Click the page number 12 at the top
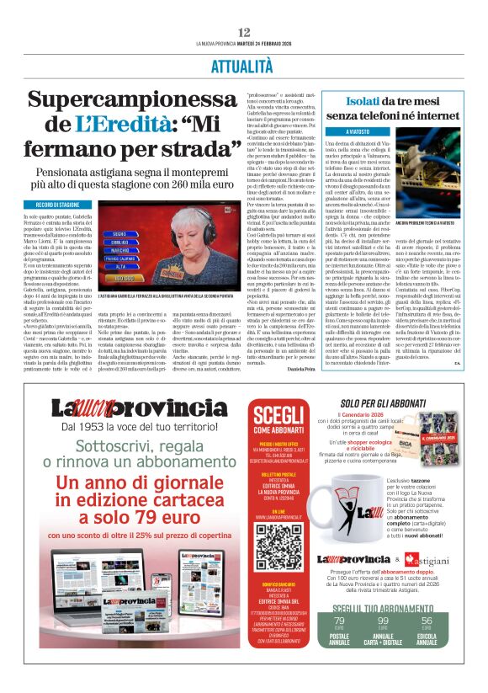pos(244,32)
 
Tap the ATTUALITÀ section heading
pos(244,65)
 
